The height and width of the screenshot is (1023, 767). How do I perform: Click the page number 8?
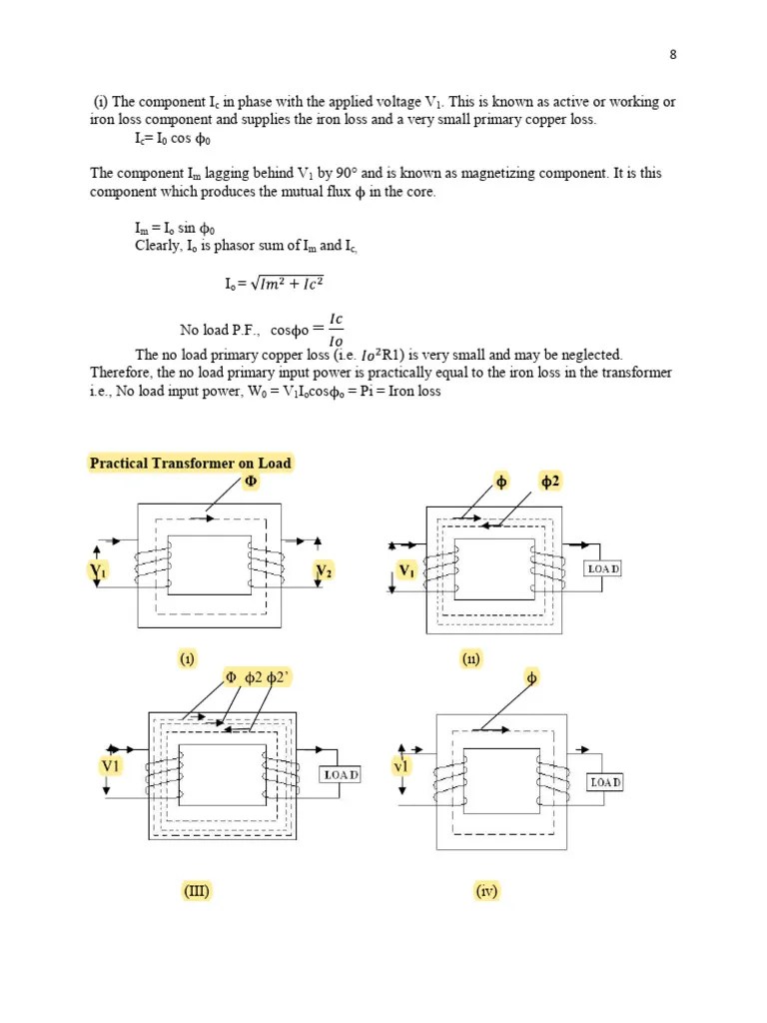point(673,55)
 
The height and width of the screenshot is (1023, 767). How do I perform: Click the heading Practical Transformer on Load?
point(190,463)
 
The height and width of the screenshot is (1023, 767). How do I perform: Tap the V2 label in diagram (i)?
point(325,571)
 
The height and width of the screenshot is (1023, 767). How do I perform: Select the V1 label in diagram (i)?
point(98,571)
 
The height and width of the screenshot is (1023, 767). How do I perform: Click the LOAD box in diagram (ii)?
point(602,568)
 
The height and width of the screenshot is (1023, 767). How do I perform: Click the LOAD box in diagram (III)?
point(340,774)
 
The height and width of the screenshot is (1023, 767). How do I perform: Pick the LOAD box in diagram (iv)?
point(605,782)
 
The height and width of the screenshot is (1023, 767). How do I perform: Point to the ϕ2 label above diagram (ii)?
point(550,482)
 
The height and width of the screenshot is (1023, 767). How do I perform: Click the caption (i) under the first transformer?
point(187,659)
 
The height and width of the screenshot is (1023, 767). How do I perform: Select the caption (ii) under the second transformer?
point(471,659)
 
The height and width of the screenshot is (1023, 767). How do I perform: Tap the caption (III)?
point(196,891)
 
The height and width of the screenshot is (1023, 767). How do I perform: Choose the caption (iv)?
point(486,891)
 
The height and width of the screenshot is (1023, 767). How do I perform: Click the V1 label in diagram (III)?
point(110,765)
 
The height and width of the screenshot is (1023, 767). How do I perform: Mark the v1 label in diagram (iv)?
point(401,766)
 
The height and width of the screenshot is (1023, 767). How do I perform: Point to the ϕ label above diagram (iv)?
point(530,679)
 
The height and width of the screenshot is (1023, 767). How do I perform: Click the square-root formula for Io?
point(275,284)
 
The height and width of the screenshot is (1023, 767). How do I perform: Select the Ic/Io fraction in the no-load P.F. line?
point(336,329)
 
